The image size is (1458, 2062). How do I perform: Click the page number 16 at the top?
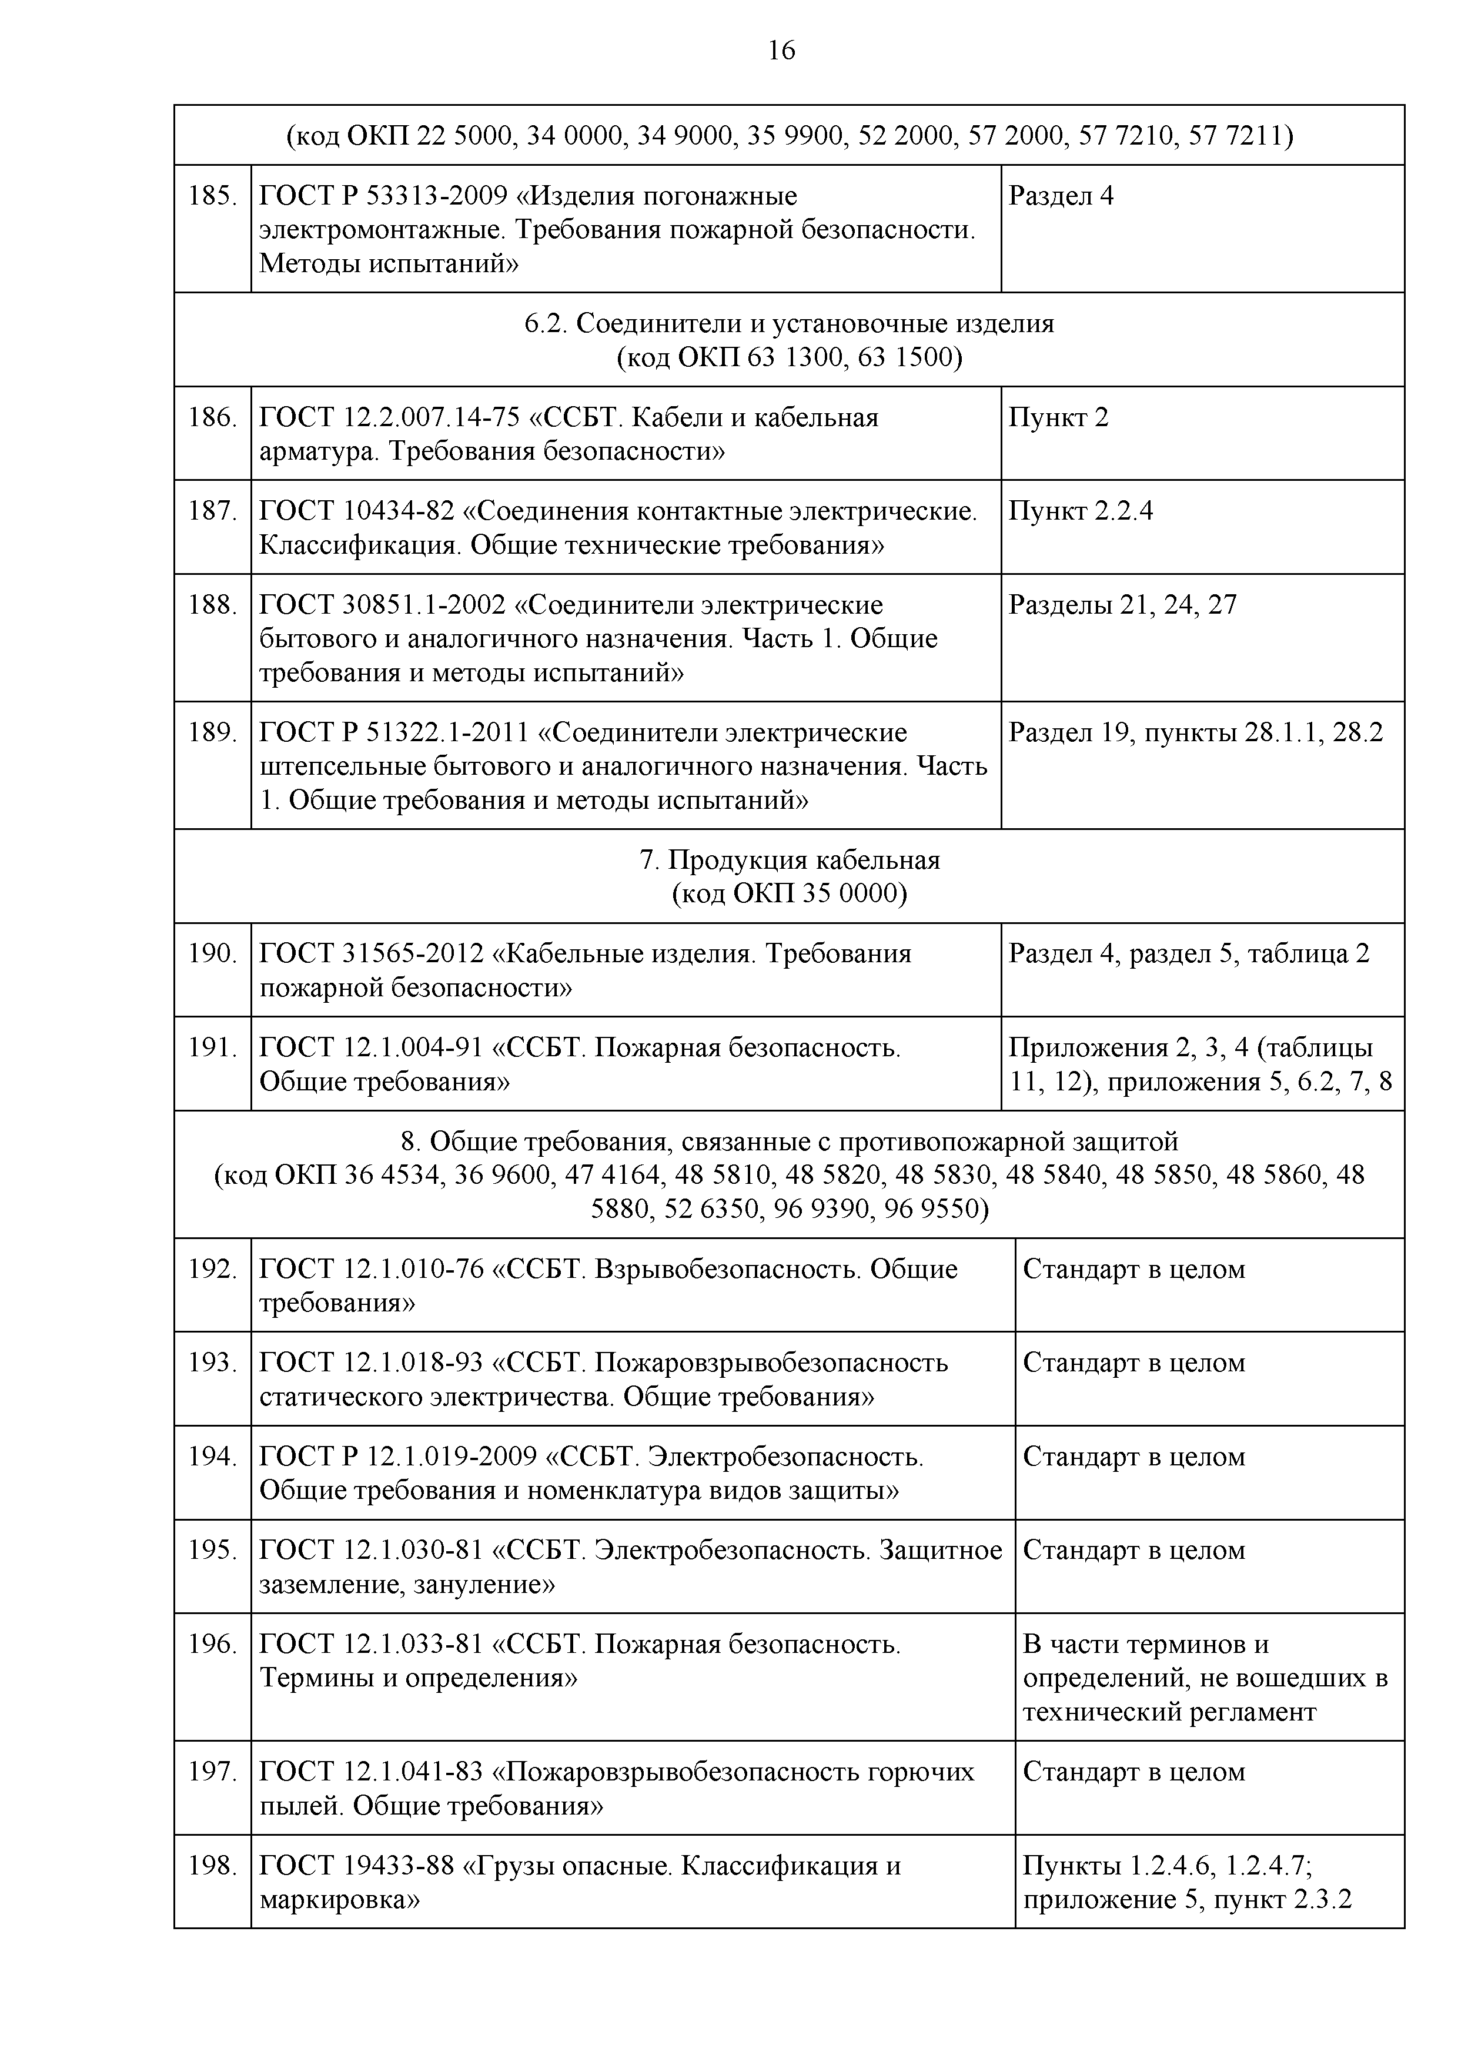tap(781, 51)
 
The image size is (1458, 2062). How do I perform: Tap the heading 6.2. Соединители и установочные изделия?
tap(789, 323)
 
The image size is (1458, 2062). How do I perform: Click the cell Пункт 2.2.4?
tap(1080, 511)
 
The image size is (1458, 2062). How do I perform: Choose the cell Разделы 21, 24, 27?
tap(1122, 604)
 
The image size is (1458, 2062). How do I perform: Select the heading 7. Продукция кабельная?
tap(789, 861)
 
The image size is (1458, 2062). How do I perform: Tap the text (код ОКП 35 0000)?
tap(789, 893)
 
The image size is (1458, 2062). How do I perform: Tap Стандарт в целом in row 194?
tap(1133, 1457)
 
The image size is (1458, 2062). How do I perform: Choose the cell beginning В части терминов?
tap(1204, 1677)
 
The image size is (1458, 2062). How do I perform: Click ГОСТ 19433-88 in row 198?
tap(356, 1865)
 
